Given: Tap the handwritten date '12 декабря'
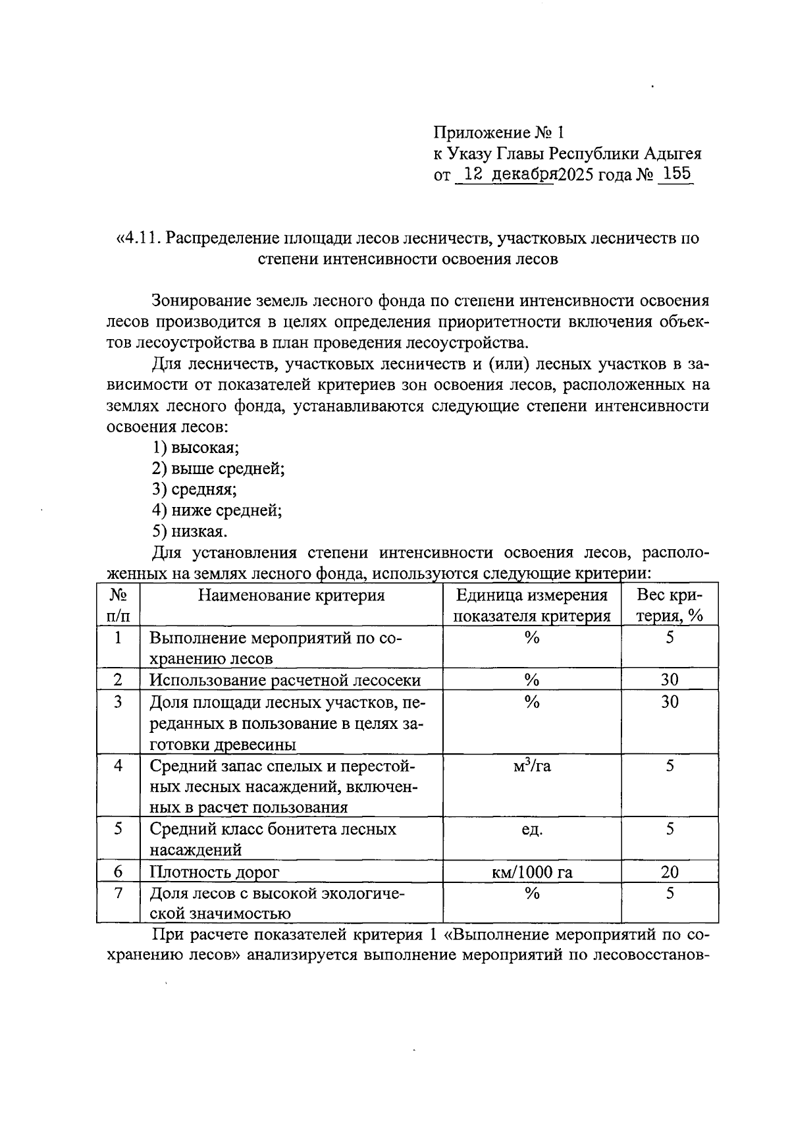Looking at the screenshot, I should click(x=507, y=174).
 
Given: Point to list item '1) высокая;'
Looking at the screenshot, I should click(x=196, y=448).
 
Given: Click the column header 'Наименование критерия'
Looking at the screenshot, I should click(x=292, y=595).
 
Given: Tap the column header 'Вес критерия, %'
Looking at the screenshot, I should click(x=670, y=605).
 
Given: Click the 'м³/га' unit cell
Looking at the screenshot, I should click(x=532, y=765).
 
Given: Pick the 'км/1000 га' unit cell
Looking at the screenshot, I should click(x=532, y=872).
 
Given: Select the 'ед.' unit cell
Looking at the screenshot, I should click(x=532, y=830).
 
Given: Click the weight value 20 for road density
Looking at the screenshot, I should click(x=670, y=872).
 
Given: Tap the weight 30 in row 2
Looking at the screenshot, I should click(x=670, y=680).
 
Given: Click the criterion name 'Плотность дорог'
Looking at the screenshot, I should click(x=215, y=872).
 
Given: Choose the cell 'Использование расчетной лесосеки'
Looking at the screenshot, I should click(x=285, y=680).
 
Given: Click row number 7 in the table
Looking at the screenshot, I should click(x=118, y=894).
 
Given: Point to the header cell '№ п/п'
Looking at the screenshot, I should click(x=118, y=605).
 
